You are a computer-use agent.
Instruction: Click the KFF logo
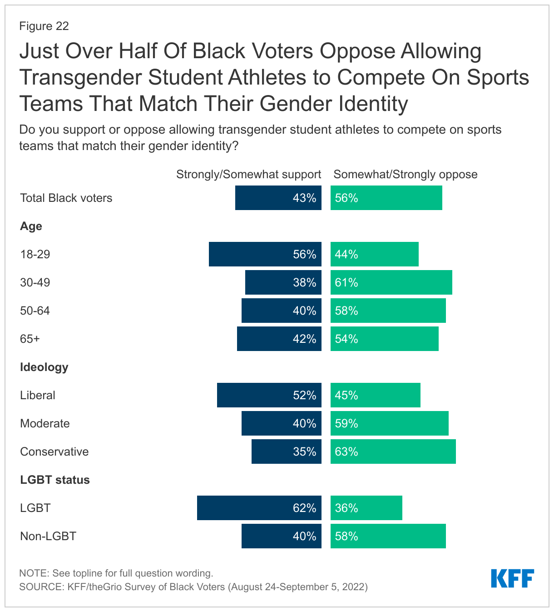coord(512,578)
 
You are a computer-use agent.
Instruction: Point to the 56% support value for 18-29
coord(304,254)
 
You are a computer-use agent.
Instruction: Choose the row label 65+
coord(30,339)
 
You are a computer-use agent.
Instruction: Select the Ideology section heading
coord(44,367)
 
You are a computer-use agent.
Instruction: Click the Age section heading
coord(31,226)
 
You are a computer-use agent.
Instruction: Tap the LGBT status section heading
coord(55,480)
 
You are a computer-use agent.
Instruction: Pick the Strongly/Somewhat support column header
coord(248,175)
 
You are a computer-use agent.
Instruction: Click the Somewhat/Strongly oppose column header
coord(406,175)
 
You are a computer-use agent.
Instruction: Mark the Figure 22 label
coord(44,26)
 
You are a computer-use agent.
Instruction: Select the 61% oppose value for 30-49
coord(346,282)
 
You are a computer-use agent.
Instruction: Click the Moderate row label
coord(45,423)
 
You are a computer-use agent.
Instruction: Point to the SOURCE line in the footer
coord(193,587)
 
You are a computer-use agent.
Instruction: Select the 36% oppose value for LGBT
coord(346,508)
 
